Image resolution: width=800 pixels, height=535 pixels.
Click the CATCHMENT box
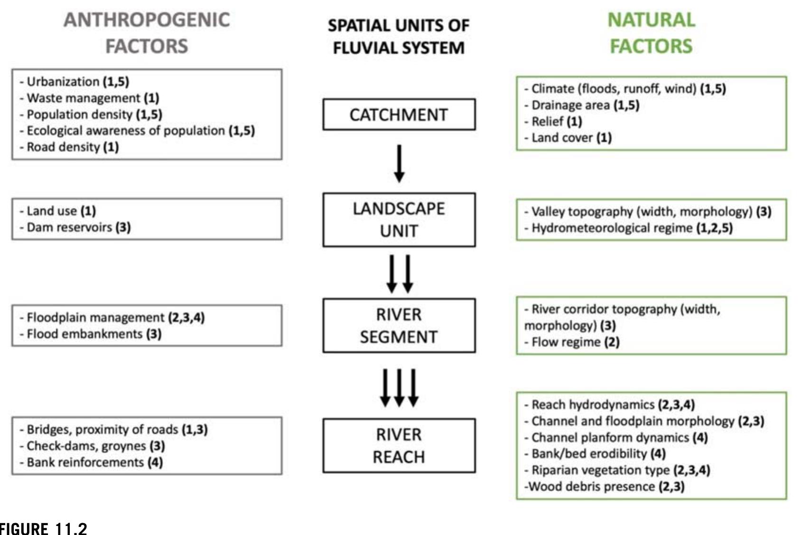point(399,114)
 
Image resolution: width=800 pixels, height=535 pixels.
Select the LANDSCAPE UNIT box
point(399,220)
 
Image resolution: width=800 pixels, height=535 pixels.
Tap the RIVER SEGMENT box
point(399,325)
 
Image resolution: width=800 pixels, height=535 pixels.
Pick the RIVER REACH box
point(399,445)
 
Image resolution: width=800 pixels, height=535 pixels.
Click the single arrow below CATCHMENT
point(399,163)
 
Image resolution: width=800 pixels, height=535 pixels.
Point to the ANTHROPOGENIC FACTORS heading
point(147,33)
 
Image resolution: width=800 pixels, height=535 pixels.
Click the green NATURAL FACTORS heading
point(651,33)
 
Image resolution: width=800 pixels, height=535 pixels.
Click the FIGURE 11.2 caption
point(44,528)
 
